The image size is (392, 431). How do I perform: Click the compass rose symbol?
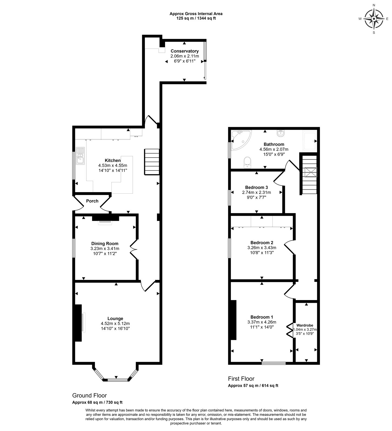374,19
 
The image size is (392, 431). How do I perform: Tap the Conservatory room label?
185,51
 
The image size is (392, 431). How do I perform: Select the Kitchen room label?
113,161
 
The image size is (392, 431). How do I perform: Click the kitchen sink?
80,156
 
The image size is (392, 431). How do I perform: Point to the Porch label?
92,201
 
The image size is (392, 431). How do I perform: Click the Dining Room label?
105,244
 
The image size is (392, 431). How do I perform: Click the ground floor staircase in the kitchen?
152,162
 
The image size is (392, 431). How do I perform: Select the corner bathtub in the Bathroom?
241,140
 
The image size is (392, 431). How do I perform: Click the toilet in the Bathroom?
248,163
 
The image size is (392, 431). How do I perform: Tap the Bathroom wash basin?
281,133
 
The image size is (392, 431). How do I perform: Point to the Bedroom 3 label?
257,187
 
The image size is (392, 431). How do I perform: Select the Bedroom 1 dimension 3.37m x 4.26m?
262,322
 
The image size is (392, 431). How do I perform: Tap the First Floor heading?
241,379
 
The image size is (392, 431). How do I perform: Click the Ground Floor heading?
90,395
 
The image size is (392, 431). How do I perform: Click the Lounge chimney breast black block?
78,323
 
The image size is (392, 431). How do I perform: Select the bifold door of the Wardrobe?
289,330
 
